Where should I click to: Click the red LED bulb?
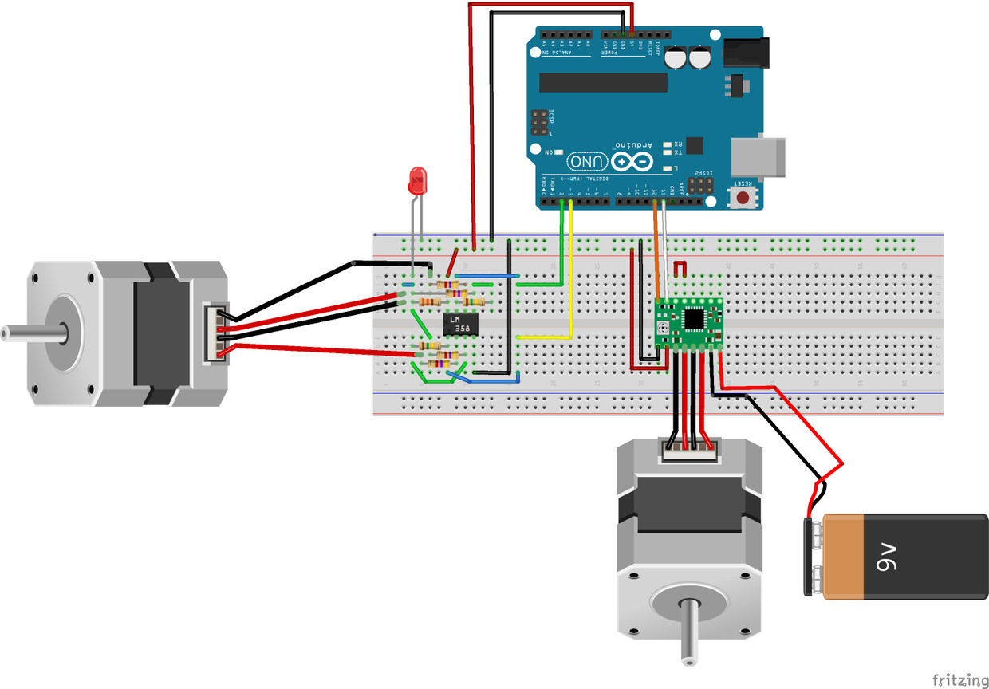[x=416, y=182]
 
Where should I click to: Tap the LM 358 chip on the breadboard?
[x=460, y=324]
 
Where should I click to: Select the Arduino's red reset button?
[x=743, y=196]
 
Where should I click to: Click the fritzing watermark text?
[x=960, y=679]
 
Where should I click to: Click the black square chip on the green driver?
[x=694, y=318]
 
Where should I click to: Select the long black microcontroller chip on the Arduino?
[x=603, y=82]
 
